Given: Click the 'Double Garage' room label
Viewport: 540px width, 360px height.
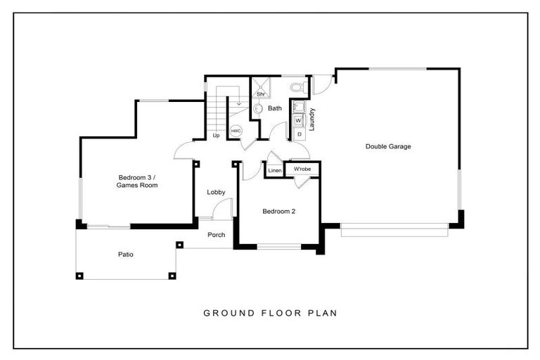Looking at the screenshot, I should click(387, 146).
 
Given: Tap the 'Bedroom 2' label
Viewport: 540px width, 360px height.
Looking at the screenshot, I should click(278, 211).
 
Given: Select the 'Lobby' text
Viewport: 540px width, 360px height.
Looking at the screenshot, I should click(216, 192).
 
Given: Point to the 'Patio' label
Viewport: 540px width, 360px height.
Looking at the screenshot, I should click(126, 255).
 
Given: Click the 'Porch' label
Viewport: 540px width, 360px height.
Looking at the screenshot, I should click(216, 235).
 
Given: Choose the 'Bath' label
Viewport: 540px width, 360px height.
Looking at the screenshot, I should click(274, 108).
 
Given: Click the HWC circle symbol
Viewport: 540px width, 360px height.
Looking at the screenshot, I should click(236, 131).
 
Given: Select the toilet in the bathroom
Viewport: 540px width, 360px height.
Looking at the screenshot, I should click(297, 88).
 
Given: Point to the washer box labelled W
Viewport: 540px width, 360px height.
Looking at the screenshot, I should click(298, 121).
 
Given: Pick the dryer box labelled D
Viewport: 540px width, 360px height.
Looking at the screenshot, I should click(299, 133).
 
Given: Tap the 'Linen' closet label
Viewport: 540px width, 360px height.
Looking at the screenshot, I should click(275, 170).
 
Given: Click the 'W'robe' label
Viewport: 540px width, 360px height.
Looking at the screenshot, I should click(302, 169).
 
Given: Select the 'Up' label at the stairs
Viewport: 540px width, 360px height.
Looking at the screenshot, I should click(216, 135).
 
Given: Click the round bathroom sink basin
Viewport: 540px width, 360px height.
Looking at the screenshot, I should click(257, 109).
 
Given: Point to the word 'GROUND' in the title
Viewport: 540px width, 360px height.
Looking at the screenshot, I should click(224, 313).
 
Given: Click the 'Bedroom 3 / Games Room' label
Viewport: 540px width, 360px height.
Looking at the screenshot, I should click(137, 181).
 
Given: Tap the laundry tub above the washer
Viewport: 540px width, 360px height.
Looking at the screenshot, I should click(298, 108).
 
